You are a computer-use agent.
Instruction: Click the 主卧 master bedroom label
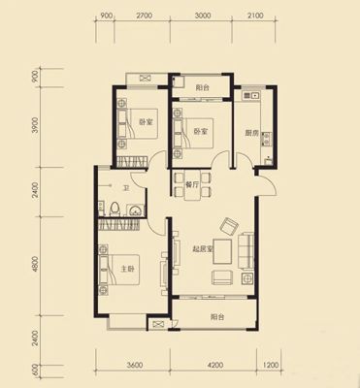127,269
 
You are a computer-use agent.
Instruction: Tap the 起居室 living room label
203,249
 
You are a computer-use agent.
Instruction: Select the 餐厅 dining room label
192,184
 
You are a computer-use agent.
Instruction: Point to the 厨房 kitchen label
251,133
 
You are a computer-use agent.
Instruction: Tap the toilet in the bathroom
115,209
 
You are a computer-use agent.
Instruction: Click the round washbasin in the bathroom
135,210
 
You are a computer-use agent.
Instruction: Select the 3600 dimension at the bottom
135,366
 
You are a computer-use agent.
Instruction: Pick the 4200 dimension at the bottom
214,366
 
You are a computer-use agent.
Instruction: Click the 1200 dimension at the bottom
271,366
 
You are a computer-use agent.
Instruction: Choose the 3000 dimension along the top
203,16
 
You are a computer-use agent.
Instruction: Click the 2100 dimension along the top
255,16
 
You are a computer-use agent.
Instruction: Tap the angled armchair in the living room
229,226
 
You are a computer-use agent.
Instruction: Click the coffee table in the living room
222,251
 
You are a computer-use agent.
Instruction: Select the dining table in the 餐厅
192,186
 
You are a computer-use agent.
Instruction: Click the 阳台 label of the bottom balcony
217,317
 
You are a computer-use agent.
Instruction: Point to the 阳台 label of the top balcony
203,87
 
